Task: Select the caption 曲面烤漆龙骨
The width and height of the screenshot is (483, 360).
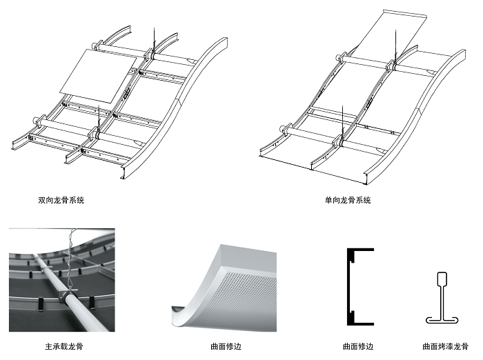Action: click(x=444, y=346)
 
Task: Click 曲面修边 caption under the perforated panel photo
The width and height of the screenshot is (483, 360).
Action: click(x=226, y=346)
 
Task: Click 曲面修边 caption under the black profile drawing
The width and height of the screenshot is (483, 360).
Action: click(x=358, y=346)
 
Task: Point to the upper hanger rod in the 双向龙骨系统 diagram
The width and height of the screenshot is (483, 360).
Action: click(x=155, y=38)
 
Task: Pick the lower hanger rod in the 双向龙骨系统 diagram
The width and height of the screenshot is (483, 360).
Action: click(x=99, y=114)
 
